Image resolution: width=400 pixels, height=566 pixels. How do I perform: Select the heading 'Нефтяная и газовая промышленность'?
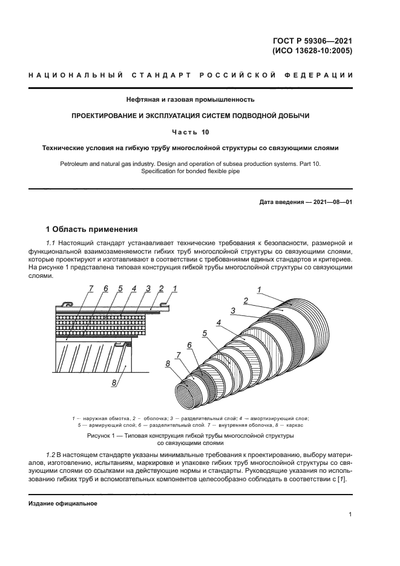[190, 99]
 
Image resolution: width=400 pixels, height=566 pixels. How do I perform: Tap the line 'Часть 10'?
[190, 131]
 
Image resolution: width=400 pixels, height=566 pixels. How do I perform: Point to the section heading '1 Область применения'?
[92, 229]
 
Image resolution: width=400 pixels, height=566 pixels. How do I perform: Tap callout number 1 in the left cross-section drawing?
[174, 289]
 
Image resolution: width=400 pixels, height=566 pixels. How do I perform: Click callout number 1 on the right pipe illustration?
[259, 290]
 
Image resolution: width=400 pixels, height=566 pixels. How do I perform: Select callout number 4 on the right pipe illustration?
[218, 323]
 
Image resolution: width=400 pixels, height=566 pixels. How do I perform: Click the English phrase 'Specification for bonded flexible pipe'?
[190, 171]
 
